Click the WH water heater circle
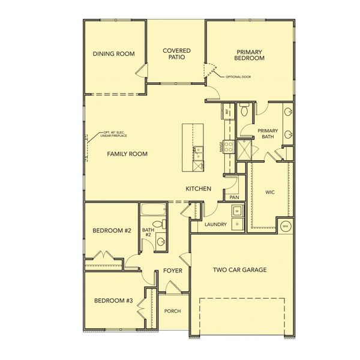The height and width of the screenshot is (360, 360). click(286, 226)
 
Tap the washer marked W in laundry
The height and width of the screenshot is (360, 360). click(237, 211)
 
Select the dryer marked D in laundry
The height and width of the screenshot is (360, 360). click(237, 224)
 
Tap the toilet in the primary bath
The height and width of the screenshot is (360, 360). click(244, 110)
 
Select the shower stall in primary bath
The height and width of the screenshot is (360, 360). click(245, 148)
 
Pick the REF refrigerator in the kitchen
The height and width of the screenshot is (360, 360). click(227, 112)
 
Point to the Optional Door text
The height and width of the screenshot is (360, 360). click(238, 77)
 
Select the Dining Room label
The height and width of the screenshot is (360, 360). click(113, 53)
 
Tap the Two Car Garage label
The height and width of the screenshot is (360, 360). click(239, 269)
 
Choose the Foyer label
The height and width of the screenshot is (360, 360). click(173, 271)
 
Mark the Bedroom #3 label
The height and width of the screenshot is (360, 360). click(113, 300)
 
